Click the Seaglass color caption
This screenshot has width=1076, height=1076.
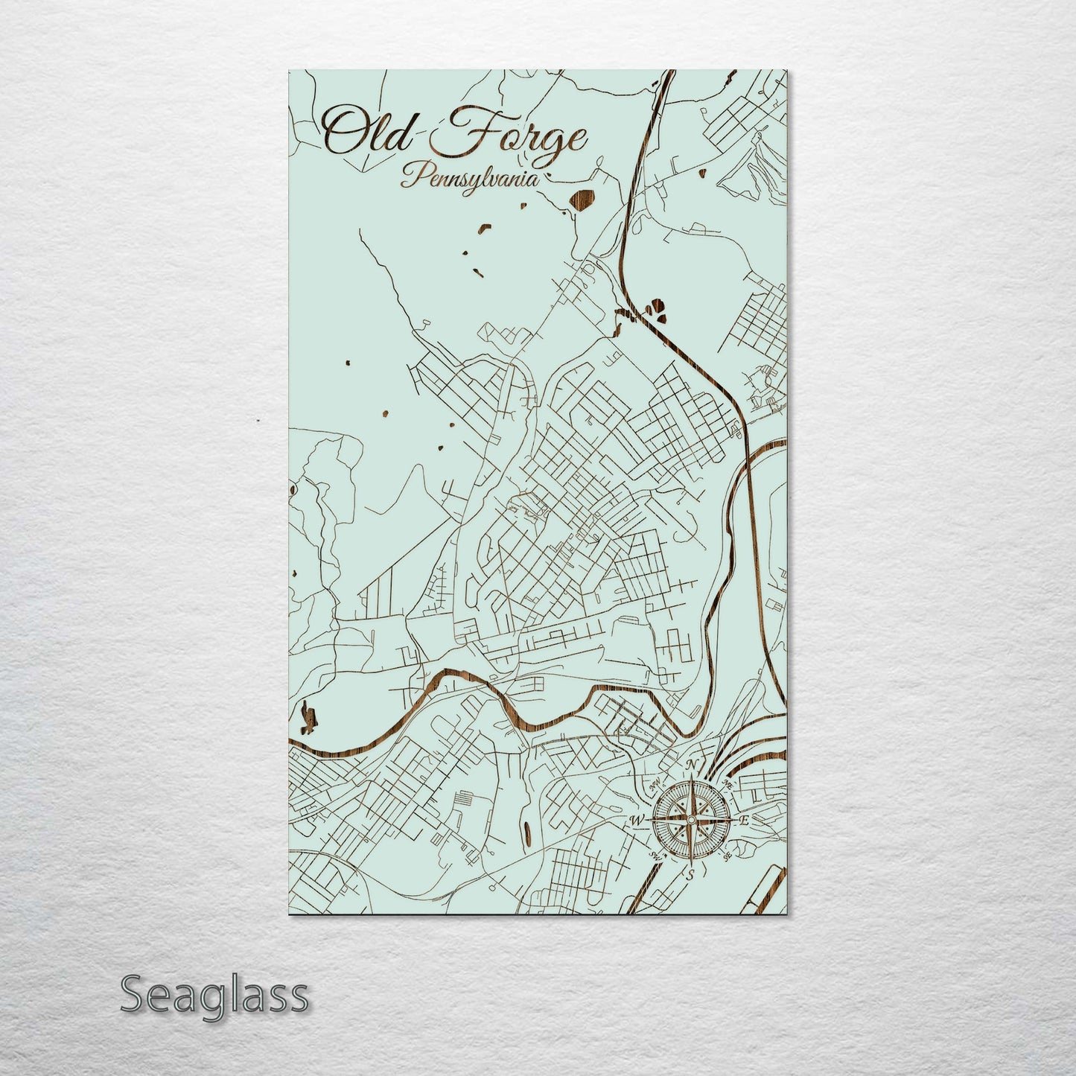click(x=214, y=995)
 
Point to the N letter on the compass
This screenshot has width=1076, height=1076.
click(x=692, y=765)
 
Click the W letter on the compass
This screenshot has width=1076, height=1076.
click(x=637, y=821)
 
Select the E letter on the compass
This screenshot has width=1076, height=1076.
click(x=743, y=821)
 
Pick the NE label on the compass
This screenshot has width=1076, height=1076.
click(x=728, y=785)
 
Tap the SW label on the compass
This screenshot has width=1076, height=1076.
click(x=655, y=855)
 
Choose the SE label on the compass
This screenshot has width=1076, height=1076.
click(x=727, y=856)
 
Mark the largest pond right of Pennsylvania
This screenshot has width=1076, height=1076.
click(x=583, y=200)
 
